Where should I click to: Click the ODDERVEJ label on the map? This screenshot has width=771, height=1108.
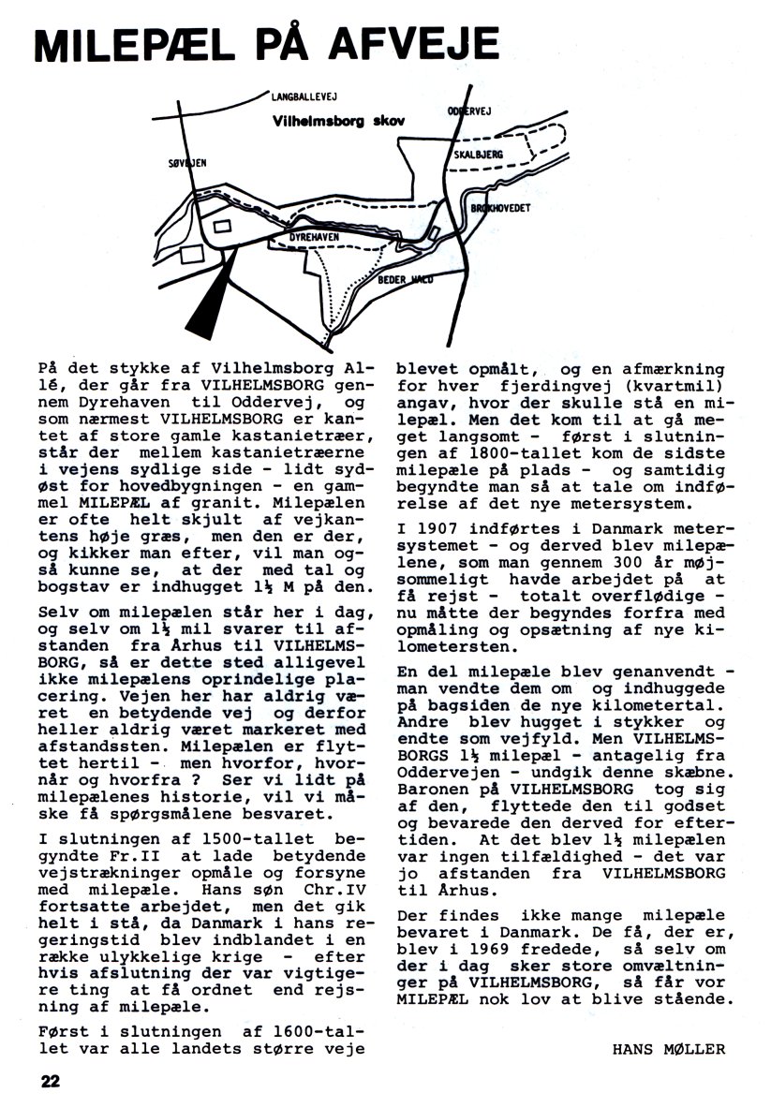469,110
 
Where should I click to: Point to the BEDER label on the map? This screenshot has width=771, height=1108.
391,279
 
